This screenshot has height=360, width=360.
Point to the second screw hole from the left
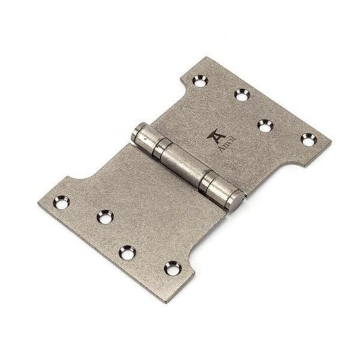tap(105, 217)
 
